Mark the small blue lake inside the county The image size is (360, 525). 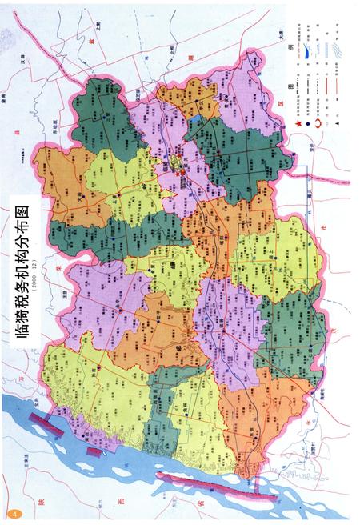[x=198, y=122]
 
